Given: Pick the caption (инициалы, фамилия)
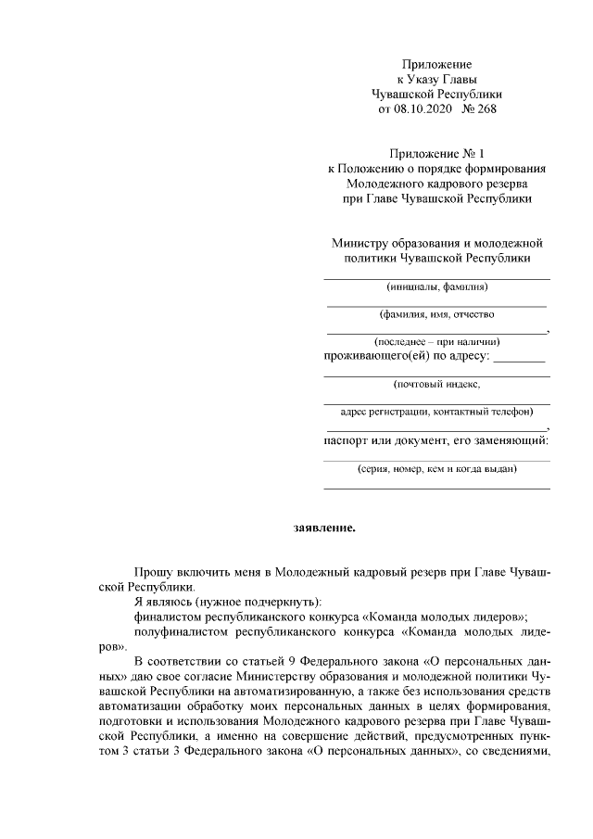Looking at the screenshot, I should [435, 287].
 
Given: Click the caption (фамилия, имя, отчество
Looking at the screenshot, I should [435, 314].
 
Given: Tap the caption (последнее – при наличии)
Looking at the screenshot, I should [435, 341].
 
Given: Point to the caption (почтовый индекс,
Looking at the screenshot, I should [435, 383].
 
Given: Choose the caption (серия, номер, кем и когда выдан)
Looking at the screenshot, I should [435, 470].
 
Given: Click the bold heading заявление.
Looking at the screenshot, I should [324, 528].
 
